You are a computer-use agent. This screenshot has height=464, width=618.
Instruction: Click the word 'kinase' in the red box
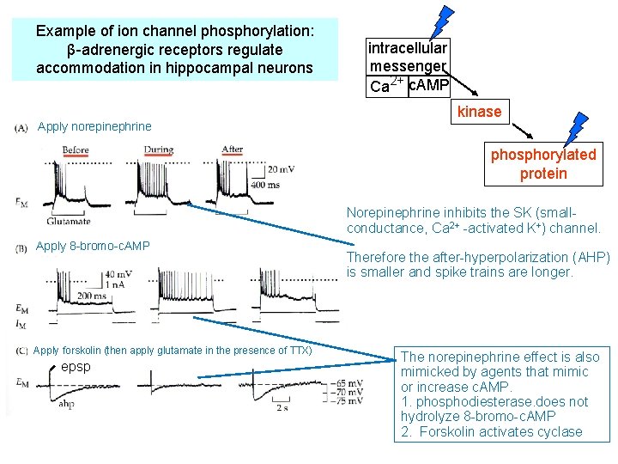[x=479, y=112]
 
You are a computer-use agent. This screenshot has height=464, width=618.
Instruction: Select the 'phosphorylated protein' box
[x=542, y=164]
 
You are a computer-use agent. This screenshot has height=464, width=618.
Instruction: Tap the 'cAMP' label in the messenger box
[x=428, y=86]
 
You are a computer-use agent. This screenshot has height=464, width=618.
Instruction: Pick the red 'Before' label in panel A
[x=76, y=150]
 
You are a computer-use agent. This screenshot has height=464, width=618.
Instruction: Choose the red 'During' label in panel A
[x=158, y=150]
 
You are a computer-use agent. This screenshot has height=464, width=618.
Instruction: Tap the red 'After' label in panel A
[x=232, y=150]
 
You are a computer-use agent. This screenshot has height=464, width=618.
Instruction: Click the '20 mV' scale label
[x=279, y=169]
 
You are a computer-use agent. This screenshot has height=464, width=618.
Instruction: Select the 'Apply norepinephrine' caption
[x=94, y=127]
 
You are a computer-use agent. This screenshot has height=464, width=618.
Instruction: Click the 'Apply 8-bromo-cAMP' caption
[x=93, y=247]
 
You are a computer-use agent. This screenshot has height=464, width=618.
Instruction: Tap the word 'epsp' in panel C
[x=76, y=367]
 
